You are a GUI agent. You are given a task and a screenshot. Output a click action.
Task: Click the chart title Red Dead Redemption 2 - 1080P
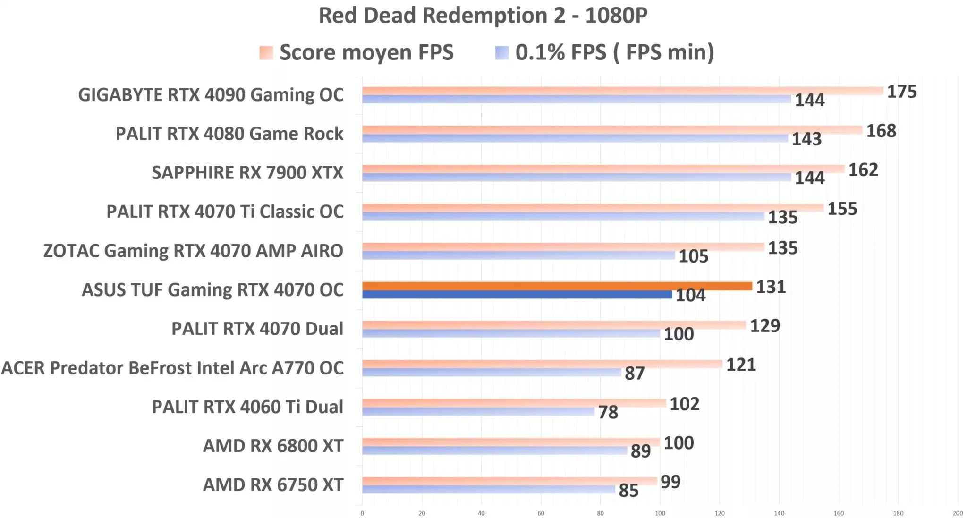(x=483, y=15)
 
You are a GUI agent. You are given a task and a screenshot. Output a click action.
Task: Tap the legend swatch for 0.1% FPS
(x=501, y=52)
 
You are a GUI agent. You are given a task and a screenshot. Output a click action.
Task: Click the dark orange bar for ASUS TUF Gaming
(x=557, y=286)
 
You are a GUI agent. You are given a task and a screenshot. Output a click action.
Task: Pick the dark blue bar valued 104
(x=517, y=295)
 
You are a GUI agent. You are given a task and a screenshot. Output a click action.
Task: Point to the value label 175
(x=901, y=92)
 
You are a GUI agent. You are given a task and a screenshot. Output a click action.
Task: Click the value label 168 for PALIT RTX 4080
(x=881, y=131)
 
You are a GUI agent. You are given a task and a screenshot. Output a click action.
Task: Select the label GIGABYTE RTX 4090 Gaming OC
(x=211, y=95)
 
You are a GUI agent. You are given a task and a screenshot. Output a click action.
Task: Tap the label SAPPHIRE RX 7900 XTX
(x=247, y=173)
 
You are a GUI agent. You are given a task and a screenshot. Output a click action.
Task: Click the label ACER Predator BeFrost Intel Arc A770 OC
(x=172, y=368)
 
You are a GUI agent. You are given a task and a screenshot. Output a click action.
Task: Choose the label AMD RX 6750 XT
(x=273, y=485)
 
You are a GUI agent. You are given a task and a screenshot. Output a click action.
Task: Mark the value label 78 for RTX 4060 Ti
(x=608, y=412)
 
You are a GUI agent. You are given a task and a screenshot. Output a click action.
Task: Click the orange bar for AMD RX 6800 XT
(x=510, y=442)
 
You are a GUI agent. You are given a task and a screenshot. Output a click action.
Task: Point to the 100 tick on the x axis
(x=660, y=513)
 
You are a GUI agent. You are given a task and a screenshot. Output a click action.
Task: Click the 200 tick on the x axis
(x=957, y=513)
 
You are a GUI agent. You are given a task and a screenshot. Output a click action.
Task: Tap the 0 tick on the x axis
(x=362, y=513)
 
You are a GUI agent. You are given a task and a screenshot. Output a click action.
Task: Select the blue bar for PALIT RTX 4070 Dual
(x=510, y=333)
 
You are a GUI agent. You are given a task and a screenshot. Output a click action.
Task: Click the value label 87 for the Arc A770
(x=634, y=374)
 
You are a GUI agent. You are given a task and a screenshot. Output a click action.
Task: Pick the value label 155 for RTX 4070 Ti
(x=842, y=209)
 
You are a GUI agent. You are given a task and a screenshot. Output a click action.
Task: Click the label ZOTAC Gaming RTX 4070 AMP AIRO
(x=193, y=251)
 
